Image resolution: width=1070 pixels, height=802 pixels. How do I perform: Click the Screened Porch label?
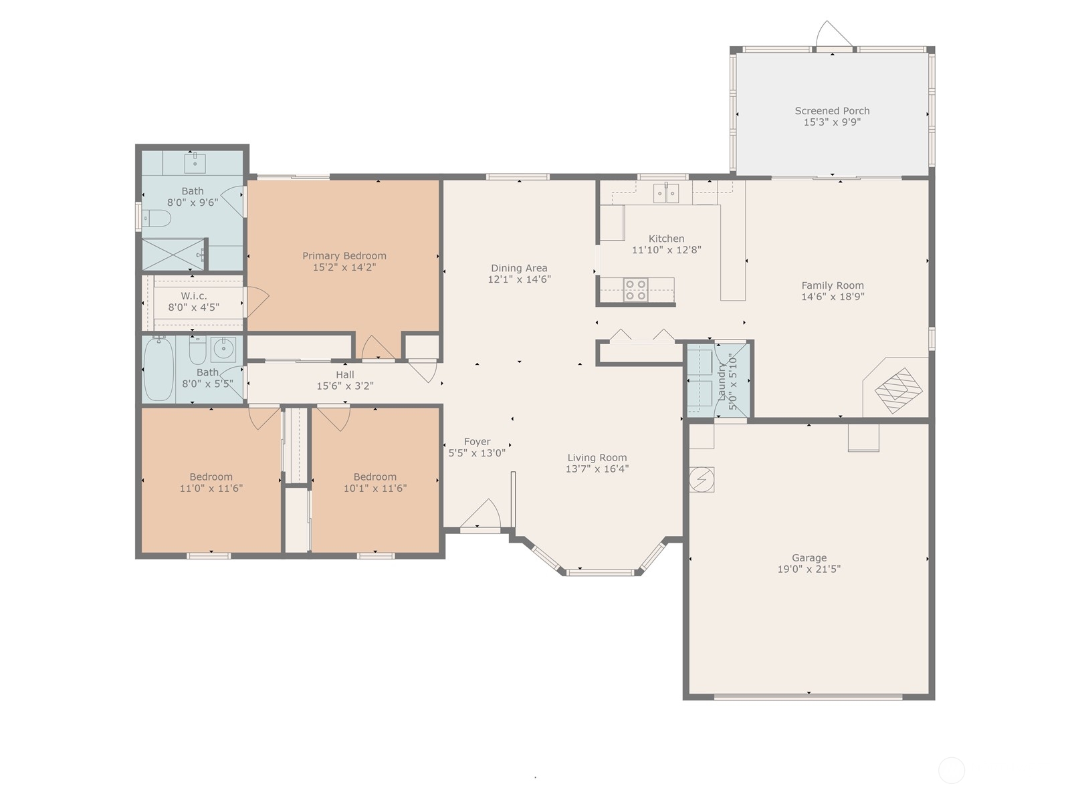(x=832, y=111)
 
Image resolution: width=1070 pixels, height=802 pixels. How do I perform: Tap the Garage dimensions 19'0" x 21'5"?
(x=809, y=569)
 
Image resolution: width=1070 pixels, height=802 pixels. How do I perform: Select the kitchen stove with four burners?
(x=635, y=289)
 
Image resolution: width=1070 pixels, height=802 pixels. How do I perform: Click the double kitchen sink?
(x=666, y=193)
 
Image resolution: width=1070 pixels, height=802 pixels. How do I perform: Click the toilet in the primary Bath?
(x=157, y=218)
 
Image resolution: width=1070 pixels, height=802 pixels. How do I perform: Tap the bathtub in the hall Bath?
(x=158, y=369)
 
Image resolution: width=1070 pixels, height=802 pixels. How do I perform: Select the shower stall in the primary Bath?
(x=173, y=254)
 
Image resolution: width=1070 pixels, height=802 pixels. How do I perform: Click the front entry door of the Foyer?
(x=480, y=518)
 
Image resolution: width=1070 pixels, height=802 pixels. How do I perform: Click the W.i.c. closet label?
(x=194, y=296)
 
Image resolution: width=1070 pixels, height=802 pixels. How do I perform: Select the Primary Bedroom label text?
(x=344, y=256)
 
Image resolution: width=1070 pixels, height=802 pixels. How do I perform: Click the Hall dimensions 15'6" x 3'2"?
(x=344, y=386)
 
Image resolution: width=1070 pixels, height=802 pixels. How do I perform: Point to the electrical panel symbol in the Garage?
(x=702, y=479)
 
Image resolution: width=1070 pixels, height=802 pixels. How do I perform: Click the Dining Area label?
(x=519, y=268)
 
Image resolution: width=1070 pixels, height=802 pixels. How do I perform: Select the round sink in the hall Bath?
(x=223, y=348)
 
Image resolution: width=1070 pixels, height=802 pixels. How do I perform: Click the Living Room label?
(x=597, y=458)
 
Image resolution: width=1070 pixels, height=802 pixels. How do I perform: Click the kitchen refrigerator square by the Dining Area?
(x=612, y=223)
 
